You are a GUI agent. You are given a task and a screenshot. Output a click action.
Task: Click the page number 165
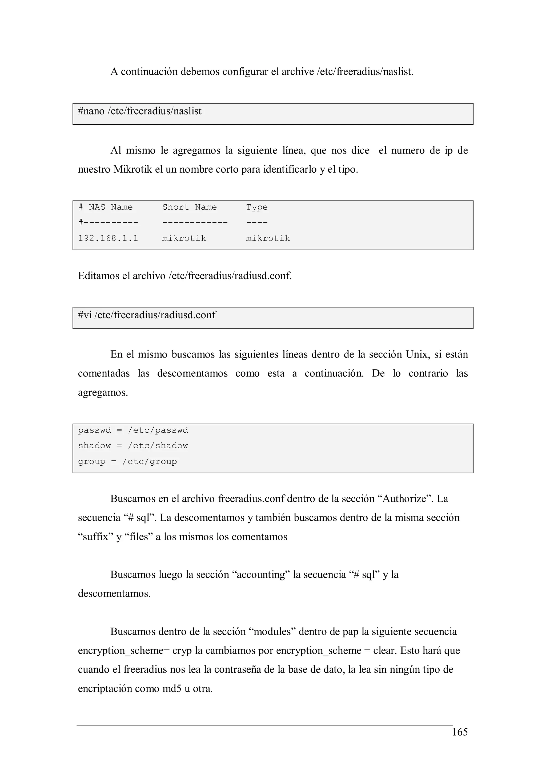point(460,732)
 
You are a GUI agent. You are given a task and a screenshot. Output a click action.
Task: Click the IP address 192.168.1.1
point(108,238)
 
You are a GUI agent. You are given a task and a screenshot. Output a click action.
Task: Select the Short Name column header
point(189,207)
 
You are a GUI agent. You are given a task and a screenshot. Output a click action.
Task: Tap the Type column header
point(257,207)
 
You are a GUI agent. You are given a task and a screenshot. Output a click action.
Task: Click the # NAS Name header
point(105,207)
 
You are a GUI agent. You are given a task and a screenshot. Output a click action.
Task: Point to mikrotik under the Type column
point(268,238)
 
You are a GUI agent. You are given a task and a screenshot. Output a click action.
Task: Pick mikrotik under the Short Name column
point(184,238)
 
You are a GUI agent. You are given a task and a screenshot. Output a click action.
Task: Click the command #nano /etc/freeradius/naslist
point(140,111)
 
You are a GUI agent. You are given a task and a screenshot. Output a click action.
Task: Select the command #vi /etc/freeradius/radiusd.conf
point(147,315)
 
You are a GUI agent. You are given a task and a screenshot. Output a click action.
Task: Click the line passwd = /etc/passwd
point(133,430)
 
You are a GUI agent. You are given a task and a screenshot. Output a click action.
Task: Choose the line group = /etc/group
point(127,462)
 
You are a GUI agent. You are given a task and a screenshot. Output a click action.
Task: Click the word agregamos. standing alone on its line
point(103,392)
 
